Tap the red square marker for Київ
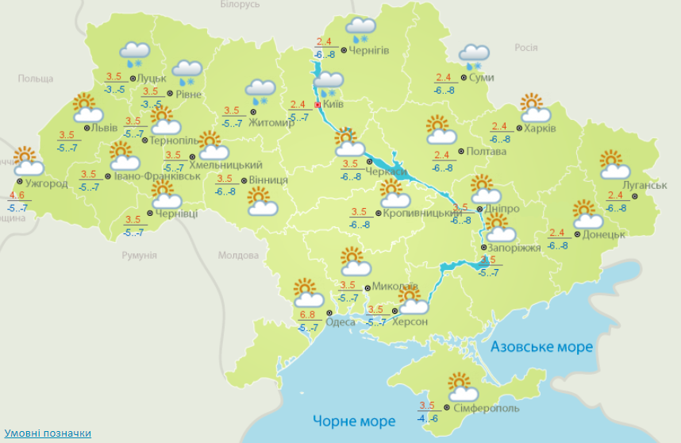pos(317,104)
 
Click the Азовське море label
pos(541,347)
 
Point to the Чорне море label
pos(353,420)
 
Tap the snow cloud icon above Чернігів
pos(360,29)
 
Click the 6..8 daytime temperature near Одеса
pos(308,316)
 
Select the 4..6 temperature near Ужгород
pos(17,195)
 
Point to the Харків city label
pos(540,128)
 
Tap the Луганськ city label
pos(645,185)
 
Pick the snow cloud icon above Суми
pos(475,56)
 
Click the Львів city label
pos(105,128)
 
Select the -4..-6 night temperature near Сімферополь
pos(428,418)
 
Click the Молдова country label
pos(238,256)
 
